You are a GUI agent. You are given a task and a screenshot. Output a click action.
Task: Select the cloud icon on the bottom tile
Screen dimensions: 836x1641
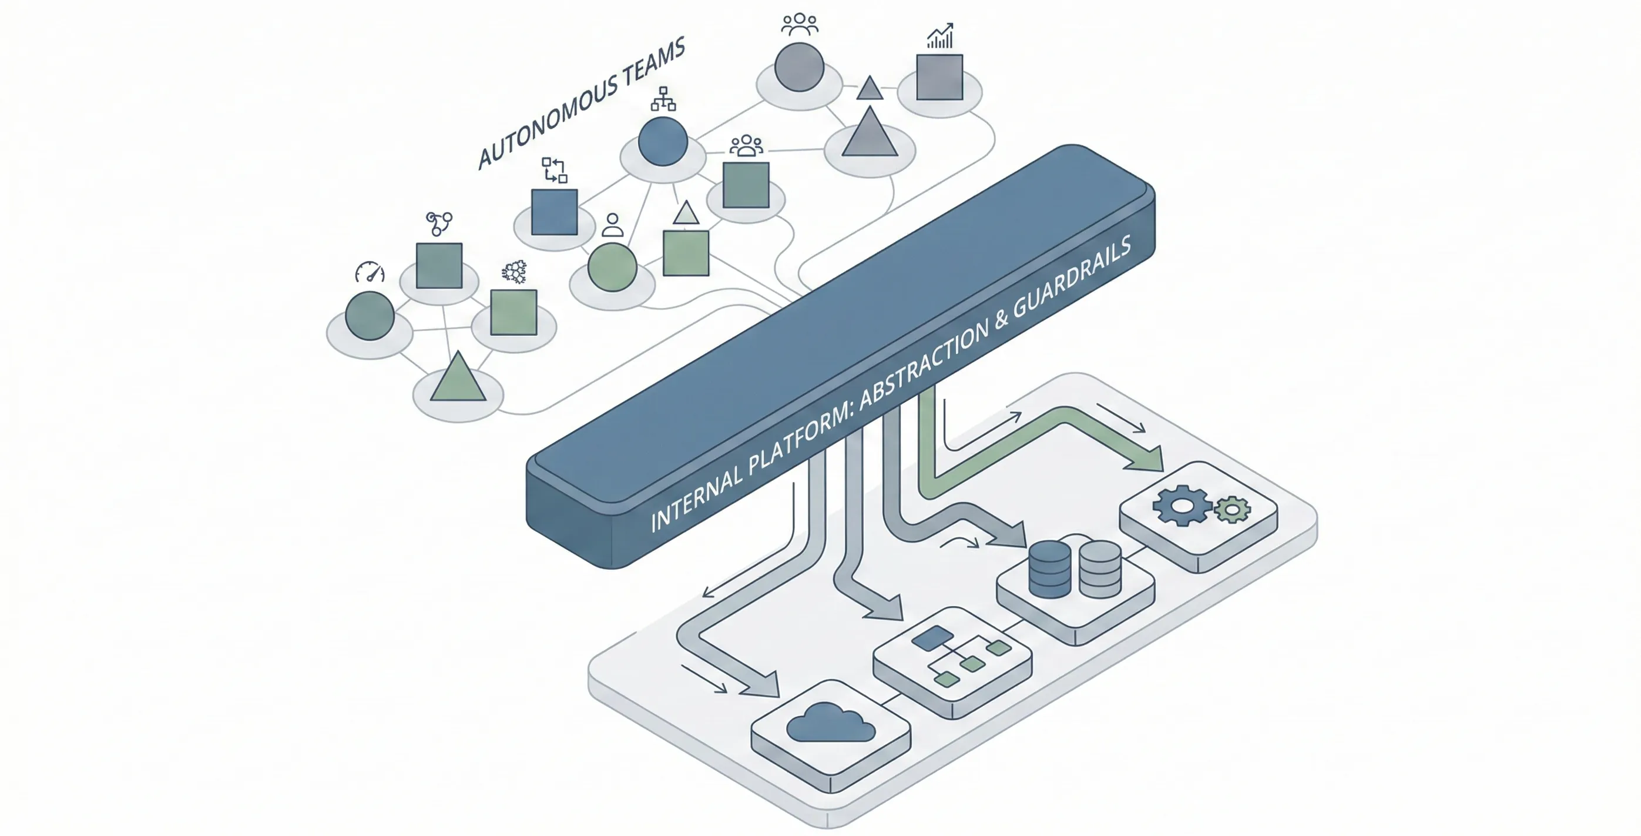(x=830, y=723)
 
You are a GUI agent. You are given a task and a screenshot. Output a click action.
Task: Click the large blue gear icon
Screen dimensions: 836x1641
(x=1182, y=505)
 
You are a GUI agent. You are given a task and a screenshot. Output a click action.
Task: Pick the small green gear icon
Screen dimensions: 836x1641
(x=1233, y=510)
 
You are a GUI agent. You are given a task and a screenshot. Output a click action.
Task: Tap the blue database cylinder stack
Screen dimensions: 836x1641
(x=1049, y=569)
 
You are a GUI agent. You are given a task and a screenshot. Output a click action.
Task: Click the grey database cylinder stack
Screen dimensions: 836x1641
(x=1099, y=569)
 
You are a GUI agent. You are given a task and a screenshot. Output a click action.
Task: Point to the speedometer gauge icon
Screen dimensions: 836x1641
(x=370, y=273)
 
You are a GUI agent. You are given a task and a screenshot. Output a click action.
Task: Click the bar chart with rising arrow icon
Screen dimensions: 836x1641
(x=940, y=36)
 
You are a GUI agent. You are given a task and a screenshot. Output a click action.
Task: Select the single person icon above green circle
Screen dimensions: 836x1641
(x=612, y=225)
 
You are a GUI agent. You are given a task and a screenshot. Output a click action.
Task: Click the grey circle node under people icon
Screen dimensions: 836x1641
(x=800, y=68)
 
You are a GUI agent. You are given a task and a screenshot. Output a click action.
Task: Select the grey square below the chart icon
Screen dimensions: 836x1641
(x=939, y=77)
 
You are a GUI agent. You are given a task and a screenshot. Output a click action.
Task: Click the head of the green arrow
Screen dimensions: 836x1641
(x=1147, y=459)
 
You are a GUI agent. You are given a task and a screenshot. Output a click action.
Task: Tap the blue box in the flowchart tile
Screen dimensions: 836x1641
(x=932, y=638)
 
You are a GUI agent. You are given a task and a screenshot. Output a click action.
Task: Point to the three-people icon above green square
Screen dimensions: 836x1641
(x=746, y=146)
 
